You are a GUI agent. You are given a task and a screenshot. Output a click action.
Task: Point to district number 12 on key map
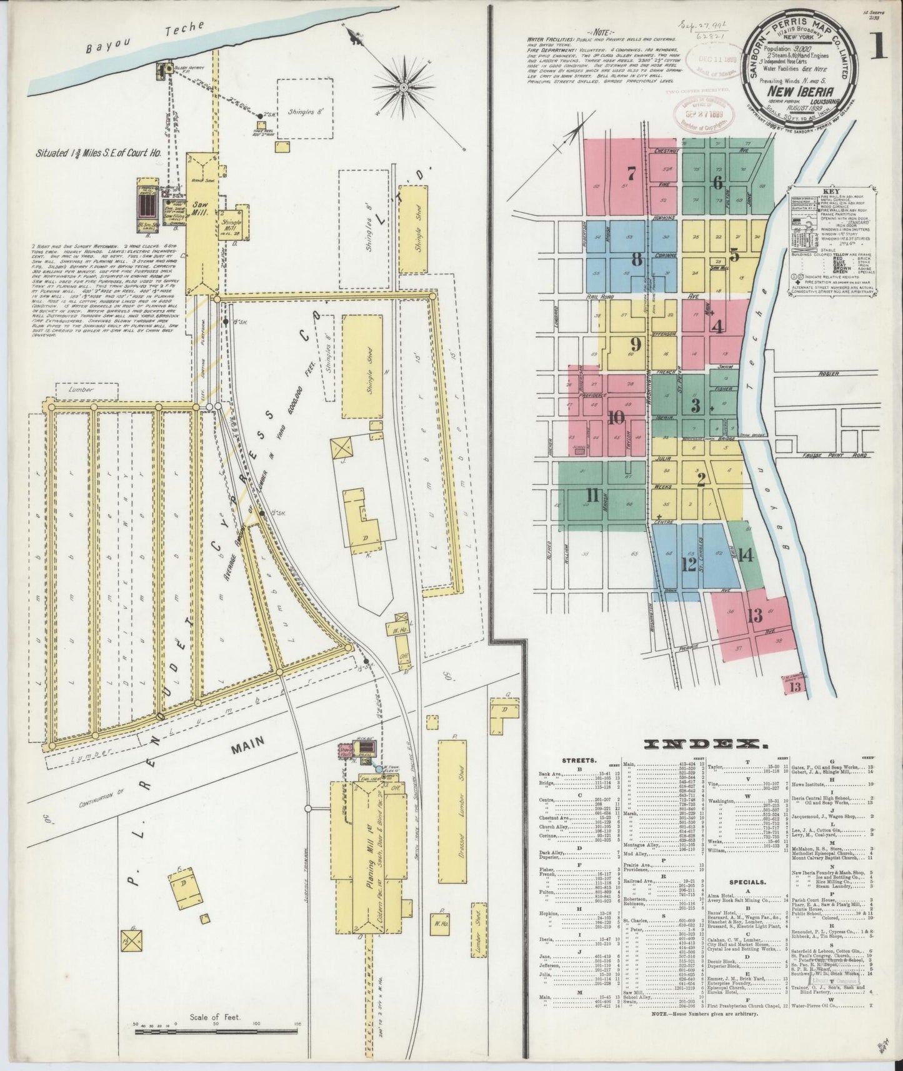click(x=689, y=564)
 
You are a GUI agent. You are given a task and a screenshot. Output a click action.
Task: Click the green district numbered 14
click(x=746, y=555)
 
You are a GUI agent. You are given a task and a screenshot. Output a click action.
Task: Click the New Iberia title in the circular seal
click(x=793, y=91)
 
